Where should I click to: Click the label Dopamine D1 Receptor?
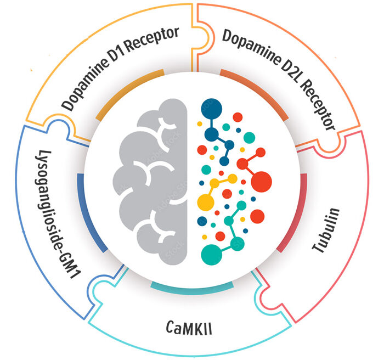[x=120, y=69]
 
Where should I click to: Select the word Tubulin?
[x=326, y=230]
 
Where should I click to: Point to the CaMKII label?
[x=189, y=328]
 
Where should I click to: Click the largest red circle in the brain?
[x=261, y=182]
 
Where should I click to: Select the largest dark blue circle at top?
[x=211, y=109]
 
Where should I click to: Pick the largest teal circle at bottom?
[x=211, y=255]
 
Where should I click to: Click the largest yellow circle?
[x=206, y=203]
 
